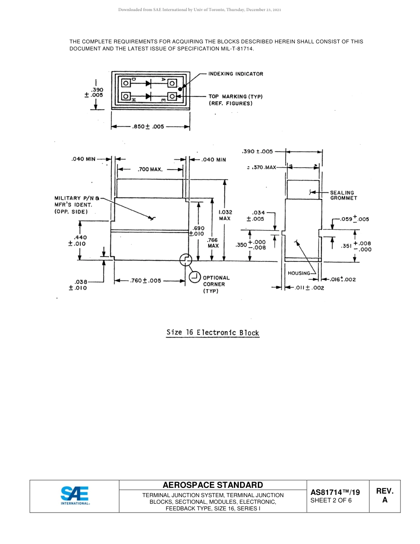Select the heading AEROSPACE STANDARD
213,485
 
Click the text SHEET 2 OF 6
331,501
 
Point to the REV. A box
384,496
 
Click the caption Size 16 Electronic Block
213,333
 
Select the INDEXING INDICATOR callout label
236,74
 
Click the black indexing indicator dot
180,89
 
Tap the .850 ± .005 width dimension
148,126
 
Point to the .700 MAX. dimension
150,169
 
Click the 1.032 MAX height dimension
225,215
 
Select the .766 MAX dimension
213,243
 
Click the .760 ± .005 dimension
146,280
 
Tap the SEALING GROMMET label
343,195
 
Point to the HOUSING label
299,273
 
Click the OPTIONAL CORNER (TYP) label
216,284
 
